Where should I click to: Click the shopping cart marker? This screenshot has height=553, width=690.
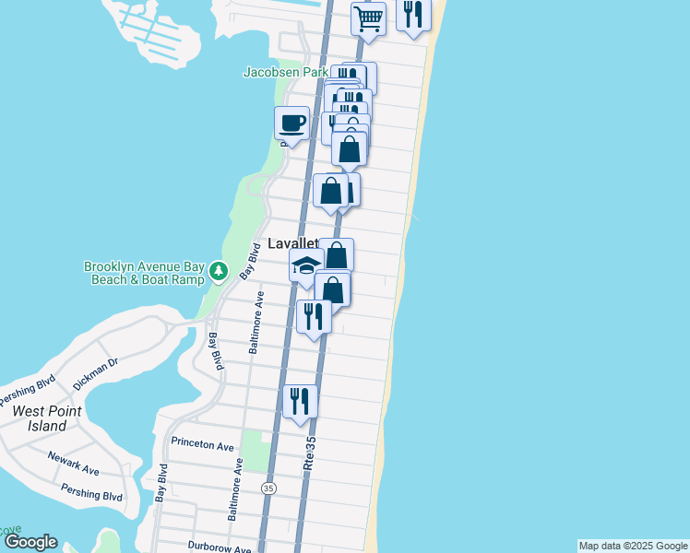[368, 18]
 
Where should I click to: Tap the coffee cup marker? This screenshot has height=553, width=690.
[291, 123]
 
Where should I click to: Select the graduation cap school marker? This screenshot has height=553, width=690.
[306, 266]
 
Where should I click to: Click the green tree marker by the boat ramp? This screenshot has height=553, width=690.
[219, 271]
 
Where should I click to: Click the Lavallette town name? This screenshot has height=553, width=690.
[293, 244]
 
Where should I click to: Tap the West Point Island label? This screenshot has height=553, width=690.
[41, 418]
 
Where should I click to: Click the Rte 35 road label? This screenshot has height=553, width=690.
[310, 454]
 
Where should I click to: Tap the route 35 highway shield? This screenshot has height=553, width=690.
[268, 488]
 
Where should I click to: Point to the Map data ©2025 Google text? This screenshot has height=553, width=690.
[633, 546]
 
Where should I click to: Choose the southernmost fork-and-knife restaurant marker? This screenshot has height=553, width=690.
[301, 401]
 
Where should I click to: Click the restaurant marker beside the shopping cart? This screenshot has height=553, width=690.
[413, 15]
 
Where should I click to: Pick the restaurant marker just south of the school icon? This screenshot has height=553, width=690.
[314, 316]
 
